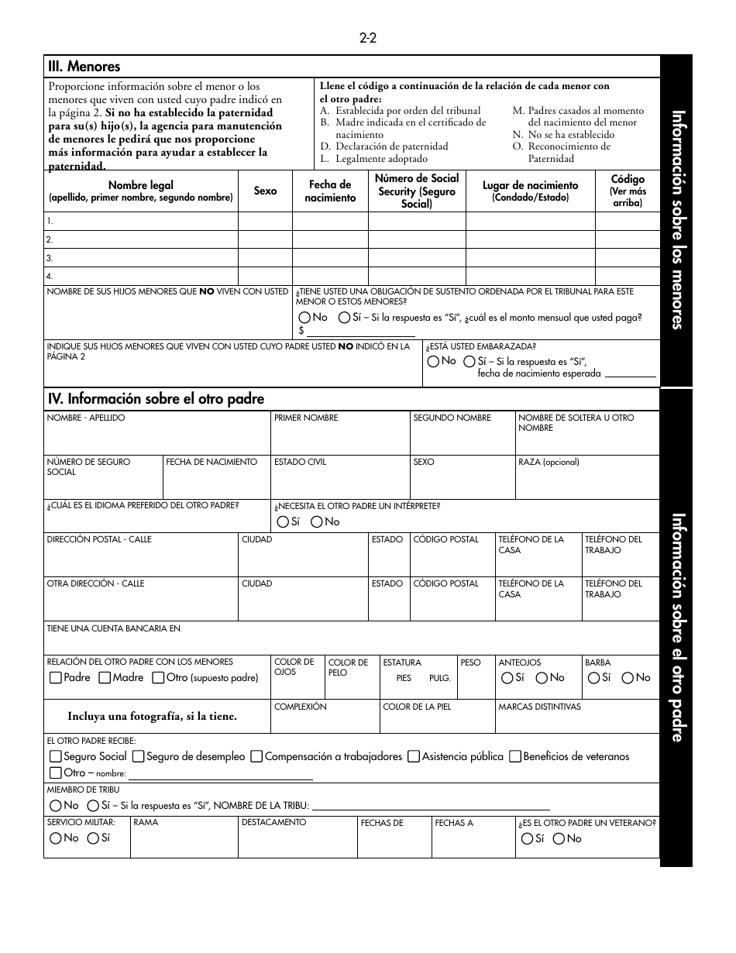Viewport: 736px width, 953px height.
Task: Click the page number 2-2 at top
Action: tap(367, 38)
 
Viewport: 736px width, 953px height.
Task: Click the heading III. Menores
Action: tap(84, 67)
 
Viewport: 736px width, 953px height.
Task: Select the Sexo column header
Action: tap(265, 191)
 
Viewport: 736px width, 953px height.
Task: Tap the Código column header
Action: tap(627, 191)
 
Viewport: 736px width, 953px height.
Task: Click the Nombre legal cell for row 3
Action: tap(140, 258)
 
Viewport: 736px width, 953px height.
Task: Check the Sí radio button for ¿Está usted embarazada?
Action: tap(469, 361)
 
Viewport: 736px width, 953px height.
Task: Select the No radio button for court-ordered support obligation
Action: tap(304, 318)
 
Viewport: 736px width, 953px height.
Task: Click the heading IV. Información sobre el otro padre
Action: tap(156, 399)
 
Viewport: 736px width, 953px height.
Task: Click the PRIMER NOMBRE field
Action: tap(339, 439)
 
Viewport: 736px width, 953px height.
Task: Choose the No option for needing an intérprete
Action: tap(317, 522)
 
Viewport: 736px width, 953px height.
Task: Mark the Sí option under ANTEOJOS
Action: tap(507, 678)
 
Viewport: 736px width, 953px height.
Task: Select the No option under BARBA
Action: tap(628, 678)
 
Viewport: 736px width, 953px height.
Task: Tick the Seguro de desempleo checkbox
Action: tap(138, 756)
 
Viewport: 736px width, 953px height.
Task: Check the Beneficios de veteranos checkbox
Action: tap(514, 756)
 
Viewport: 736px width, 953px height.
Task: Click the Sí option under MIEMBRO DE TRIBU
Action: tap(93, 806)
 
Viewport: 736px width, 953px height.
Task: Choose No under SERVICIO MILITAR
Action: tap(56, 838)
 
